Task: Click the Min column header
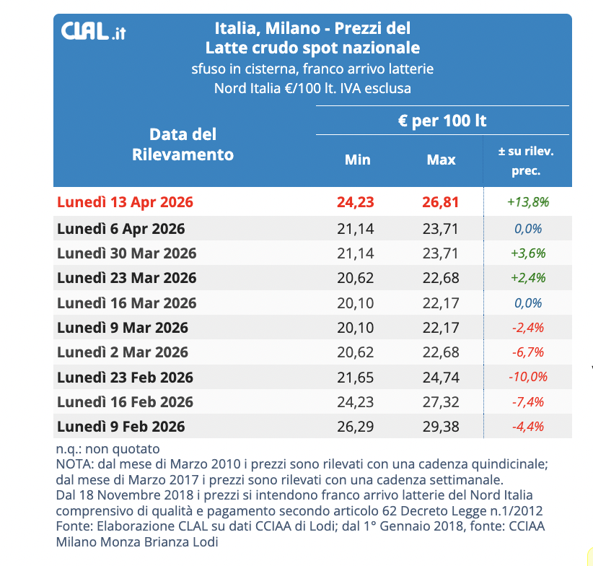coord(357,160)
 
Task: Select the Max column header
coord(441,160)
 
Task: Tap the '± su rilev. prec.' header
coord(526,161)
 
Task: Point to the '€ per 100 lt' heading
coord(442,121)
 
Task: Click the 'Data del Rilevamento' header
coord(183,144)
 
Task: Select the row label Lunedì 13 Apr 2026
coord(125,202)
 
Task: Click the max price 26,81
coord(441,202)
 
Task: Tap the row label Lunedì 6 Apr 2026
coord(120,229)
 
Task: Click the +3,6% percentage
coord(528,253)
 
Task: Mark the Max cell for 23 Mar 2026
coord(441,278)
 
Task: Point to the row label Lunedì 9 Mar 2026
coord(123,328)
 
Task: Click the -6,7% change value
coord(528,352)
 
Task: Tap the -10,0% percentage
coord(528,377)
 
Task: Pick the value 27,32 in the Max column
coord(441,401)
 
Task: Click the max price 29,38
coord(441,426)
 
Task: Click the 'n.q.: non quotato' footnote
coord(107,449)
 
